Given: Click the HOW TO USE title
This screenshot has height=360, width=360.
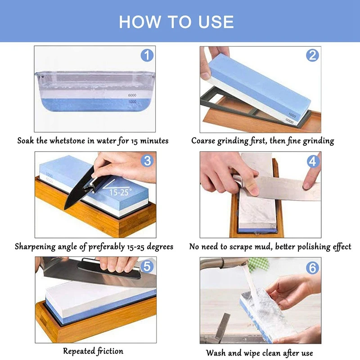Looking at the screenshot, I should [x=176, y=22].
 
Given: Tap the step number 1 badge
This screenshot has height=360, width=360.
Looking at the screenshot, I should [x=147, y=56].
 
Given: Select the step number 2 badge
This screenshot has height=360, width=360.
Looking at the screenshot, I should [x=312, y=56].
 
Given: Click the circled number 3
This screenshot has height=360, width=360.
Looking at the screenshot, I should [x=147, y=161].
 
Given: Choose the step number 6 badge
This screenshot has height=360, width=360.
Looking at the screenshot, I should [x=312, y=266].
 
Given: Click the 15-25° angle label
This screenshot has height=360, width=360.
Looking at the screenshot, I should [x=121, y=191].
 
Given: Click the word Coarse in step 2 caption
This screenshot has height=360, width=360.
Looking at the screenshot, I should [x=205, y=141].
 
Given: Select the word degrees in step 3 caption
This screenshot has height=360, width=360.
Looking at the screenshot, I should [x=157, y=247].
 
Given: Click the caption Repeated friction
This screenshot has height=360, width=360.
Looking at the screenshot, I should [x=93, y=351].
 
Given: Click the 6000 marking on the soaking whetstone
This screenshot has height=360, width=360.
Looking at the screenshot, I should [x=132, y=96].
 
